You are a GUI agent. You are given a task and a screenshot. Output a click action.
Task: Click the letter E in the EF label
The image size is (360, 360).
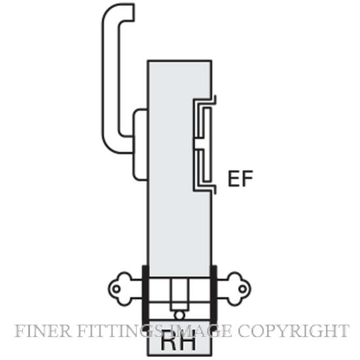[x=234, y=179]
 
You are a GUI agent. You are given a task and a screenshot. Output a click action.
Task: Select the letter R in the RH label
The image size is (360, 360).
[x=170, y=342]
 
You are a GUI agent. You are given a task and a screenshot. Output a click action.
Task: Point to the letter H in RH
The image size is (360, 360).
[x=188, y=342]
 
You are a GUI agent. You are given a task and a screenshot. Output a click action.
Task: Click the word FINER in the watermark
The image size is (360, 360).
[x=43, y=331]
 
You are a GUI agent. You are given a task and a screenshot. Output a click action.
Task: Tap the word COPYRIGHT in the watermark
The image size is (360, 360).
[x=294, y=331]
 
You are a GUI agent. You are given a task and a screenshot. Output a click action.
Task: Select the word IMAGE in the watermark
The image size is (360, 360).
[x=202, y=331]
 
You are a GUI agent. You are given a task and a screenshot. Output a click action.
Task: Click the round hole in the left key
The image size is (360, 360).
[x=117, y=289]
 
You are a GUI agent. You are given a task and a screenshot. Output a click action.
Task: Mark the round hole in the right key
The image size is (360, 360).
[x=242, y=289]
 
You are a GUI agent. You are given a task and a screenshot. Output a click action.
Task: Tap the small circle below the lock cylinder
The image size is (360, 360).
[x=179, y=315]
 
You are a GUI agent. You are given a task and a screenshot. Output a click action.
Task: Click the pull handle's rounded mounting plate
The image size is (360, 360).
[x=140, y=145]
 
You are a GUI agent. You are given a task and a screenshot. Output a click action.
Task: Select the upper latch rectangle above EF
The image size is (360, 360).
[x=204, y=122]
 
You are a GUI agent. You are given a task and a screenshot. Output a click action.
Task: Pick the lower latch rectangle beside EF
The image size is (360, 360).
[x=204, y=166]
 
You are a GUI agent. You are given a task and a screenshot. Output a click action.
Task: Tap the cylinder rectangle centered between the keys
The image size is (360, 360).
[x=179, y=294]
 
